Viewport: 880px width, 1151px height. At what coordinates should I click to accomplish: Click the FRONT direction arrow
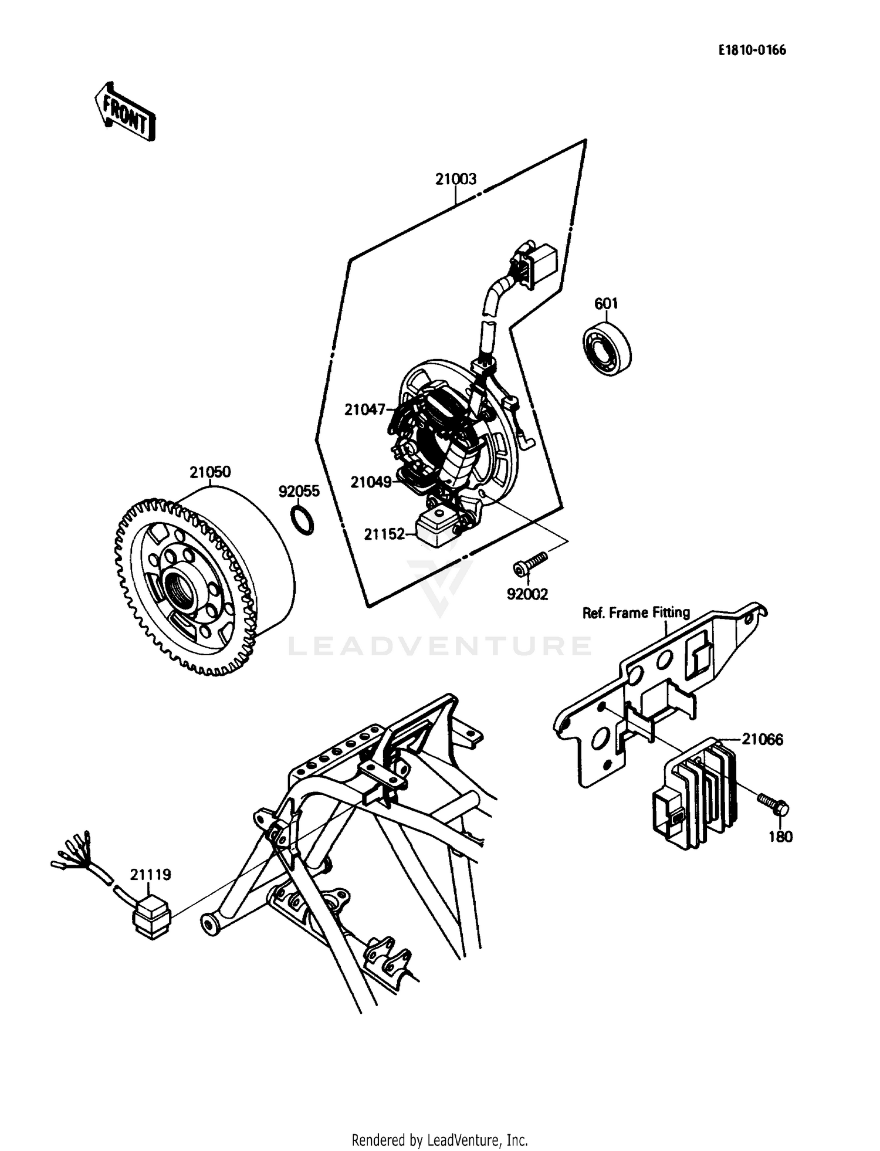[x=125, y=112]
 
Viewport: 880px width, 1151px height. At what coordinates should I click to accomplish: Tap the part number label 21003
[x=456, y=179]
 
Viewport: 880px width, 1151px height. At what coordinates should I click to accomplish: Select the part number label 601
[x=606, y=303]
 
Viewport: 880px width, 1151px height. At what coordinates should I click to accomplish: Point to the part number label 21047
[x=364, y=409]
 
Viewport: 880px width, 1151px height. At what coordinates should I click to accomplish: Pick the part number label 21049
[x=371, y=482]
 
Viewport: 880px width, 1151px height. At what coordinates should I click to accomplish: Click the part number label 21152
[x=384, y=534]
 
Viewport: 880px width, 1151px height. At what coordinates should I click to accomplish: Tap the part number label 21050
[x=210, y=472]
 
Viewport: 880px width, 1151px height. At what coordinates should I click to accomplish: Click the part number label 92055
[x=299, y=491]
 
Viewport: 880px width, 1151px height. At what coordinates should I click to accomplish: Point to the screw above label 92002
[x=529, y=562]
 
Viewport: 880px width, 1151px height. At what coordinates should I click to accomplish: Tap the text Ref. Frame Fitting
[x=635, y=613]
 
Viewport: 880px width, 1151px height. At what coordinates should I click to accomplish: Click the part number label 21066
[x=762, y=739]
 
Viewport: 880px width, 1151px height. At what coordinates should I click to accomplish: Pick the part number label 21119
[x=150, y=875]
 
